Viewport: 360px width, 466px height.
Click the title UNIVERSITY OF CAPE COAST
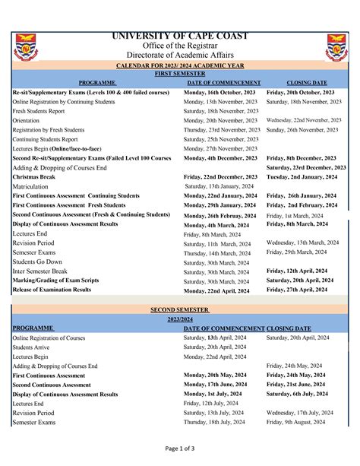[180, 36]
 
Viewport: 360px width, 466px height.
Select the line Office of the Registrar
[180, 46]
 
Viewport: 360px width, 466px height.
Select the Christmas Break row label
[34, 176]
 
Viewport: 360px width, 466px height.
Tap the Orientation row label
[27, 120]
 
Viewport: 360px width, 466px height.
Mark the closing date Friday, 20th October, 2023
[301, 92]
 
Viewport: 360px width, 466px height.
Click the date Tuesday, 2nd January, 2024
[302, 176]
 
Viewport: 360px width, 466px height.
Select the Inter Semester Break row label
[40, 271]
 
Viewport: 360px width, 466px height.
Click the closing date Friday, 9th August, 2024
[298, 422]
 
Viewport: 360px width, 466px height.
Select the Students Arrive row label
[33, 347]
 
